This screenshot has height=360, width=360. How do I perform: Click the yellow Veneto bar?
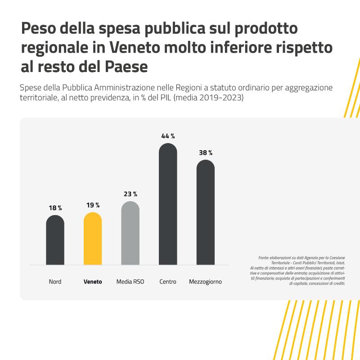pos(93,238)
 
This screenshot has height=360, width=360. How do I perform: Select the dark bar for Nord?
pos(55,240)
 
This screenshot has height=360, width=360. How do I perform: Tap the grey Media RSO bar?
pos(130,233)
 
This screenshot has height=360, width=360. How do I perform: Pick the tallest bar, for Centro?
pos(168,204)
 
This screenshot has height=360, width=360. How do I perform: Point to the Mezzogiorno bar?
pos(206,212)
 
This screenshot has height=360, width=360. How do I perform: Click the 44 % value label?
pos(168,136)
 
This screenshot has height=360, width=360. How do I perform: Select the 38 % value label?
pos(206,153)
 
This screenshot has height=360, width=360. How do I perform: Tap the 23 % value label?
pos(130,194)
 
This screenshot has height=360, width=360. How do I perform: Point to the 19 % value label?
pos(93,205)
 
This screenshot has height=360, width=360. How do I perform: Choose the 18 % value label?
pos(55,208)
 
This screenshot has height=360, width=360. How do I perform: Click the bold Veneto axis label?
pos(93,282)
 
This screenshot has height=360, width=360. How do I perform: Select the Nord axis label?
pos(55,282)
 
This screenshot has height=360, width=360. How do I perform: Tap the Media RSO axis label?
pos(130,282)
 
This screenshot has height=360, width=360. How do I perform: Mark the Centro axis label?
pos(168,282)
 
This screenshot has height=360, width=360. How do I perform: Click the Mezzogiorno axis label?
pos(206,282)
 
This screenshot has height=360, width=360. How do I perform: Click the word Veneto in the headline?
pos(135,47)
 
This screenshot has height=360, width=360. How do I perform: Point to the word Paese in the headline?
pos(126,67)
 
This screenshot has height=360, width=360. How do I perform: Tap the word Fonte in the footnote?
pos(264,258)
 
